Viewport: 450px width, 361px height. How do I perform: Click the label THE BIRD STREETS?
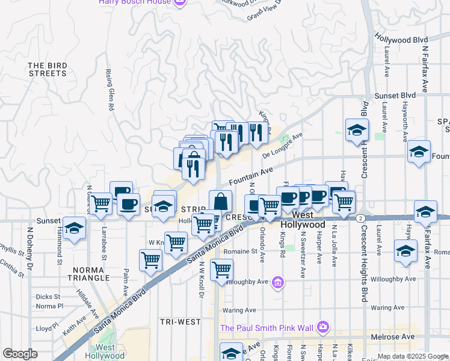47,69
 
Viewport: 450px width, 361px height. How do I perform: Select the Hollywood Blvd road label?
401,39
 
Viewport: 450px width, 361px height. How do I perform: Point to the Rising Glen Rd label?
110,91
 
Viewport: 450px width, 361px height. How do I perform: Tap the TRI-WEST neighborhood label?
180,322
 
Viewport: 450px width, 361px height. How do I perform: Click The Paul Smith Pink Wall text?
268,328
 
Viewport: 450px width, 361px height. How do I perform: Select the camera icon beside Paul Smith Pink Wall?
323,327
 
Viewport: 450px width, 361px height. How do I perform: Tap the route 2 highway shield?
360,218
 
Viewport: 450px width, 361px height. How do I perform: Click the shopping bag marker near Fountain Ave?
220,201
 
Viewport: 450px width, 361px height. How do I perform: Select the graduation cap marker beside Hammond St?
74,228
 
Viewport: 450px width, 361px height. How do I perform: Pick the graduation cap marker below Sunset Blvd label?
357,130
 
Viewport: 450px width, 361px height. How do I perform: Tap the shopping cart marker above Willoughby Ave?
222,269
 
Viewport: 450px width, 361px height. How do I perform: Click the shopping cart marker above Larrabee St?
100,204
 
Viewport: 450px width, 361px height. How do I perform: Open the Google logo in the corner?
20,354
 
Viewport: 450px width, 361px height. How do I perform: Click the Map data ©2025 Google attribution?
412,357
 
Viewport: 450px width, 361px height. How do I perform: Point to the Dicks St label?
48,297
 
